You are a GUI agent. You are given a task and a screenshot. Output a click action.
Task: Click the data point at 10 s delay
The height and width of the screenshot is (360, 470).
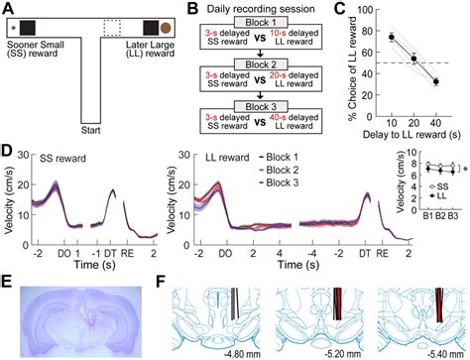393,38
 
